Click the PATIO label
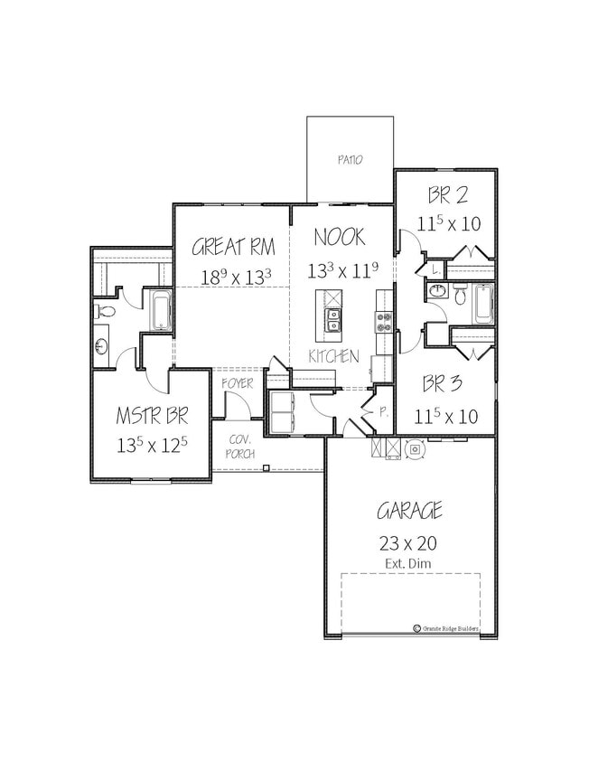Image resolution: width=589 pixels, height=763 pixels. pyautogui.click(x=350, y=160)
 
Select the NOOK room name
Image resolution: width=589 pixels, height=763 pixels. pyautogui.click(x=340, y=237)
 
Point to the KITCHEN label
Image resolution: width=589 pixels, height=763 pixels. pyautogui.click(x=333, y=356)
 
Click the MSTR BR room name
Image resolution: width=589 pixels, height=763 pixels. pyautogui.click(x=152, y=416)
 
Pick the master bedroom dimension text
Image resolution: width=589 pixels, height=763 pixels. pyautogui.click(x=152, y=445)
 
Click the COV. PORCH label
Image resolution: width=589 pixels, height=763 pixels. pyautogui.click(x=240, y=445)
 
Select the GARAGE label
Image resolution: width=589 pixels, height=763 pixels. pyautogui.click(x=409, y=511)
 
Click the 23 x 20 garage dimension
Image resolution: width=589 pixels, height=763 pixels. pyautogui.click(x=409, y=543)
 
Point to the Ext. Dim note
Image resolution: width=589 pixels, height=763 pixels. pyautogui.click(x=409, y=564)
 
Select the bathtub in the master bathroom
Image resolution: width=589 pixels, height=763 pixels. pyautogui.click(x=163, y=310)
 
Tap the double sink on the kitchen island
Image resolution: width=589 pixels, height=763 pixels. pyautogui.click(x=333, y=319)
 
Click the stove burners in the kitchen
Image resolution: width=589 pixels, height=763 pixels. pyautogui.click(x=383, y=318)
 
